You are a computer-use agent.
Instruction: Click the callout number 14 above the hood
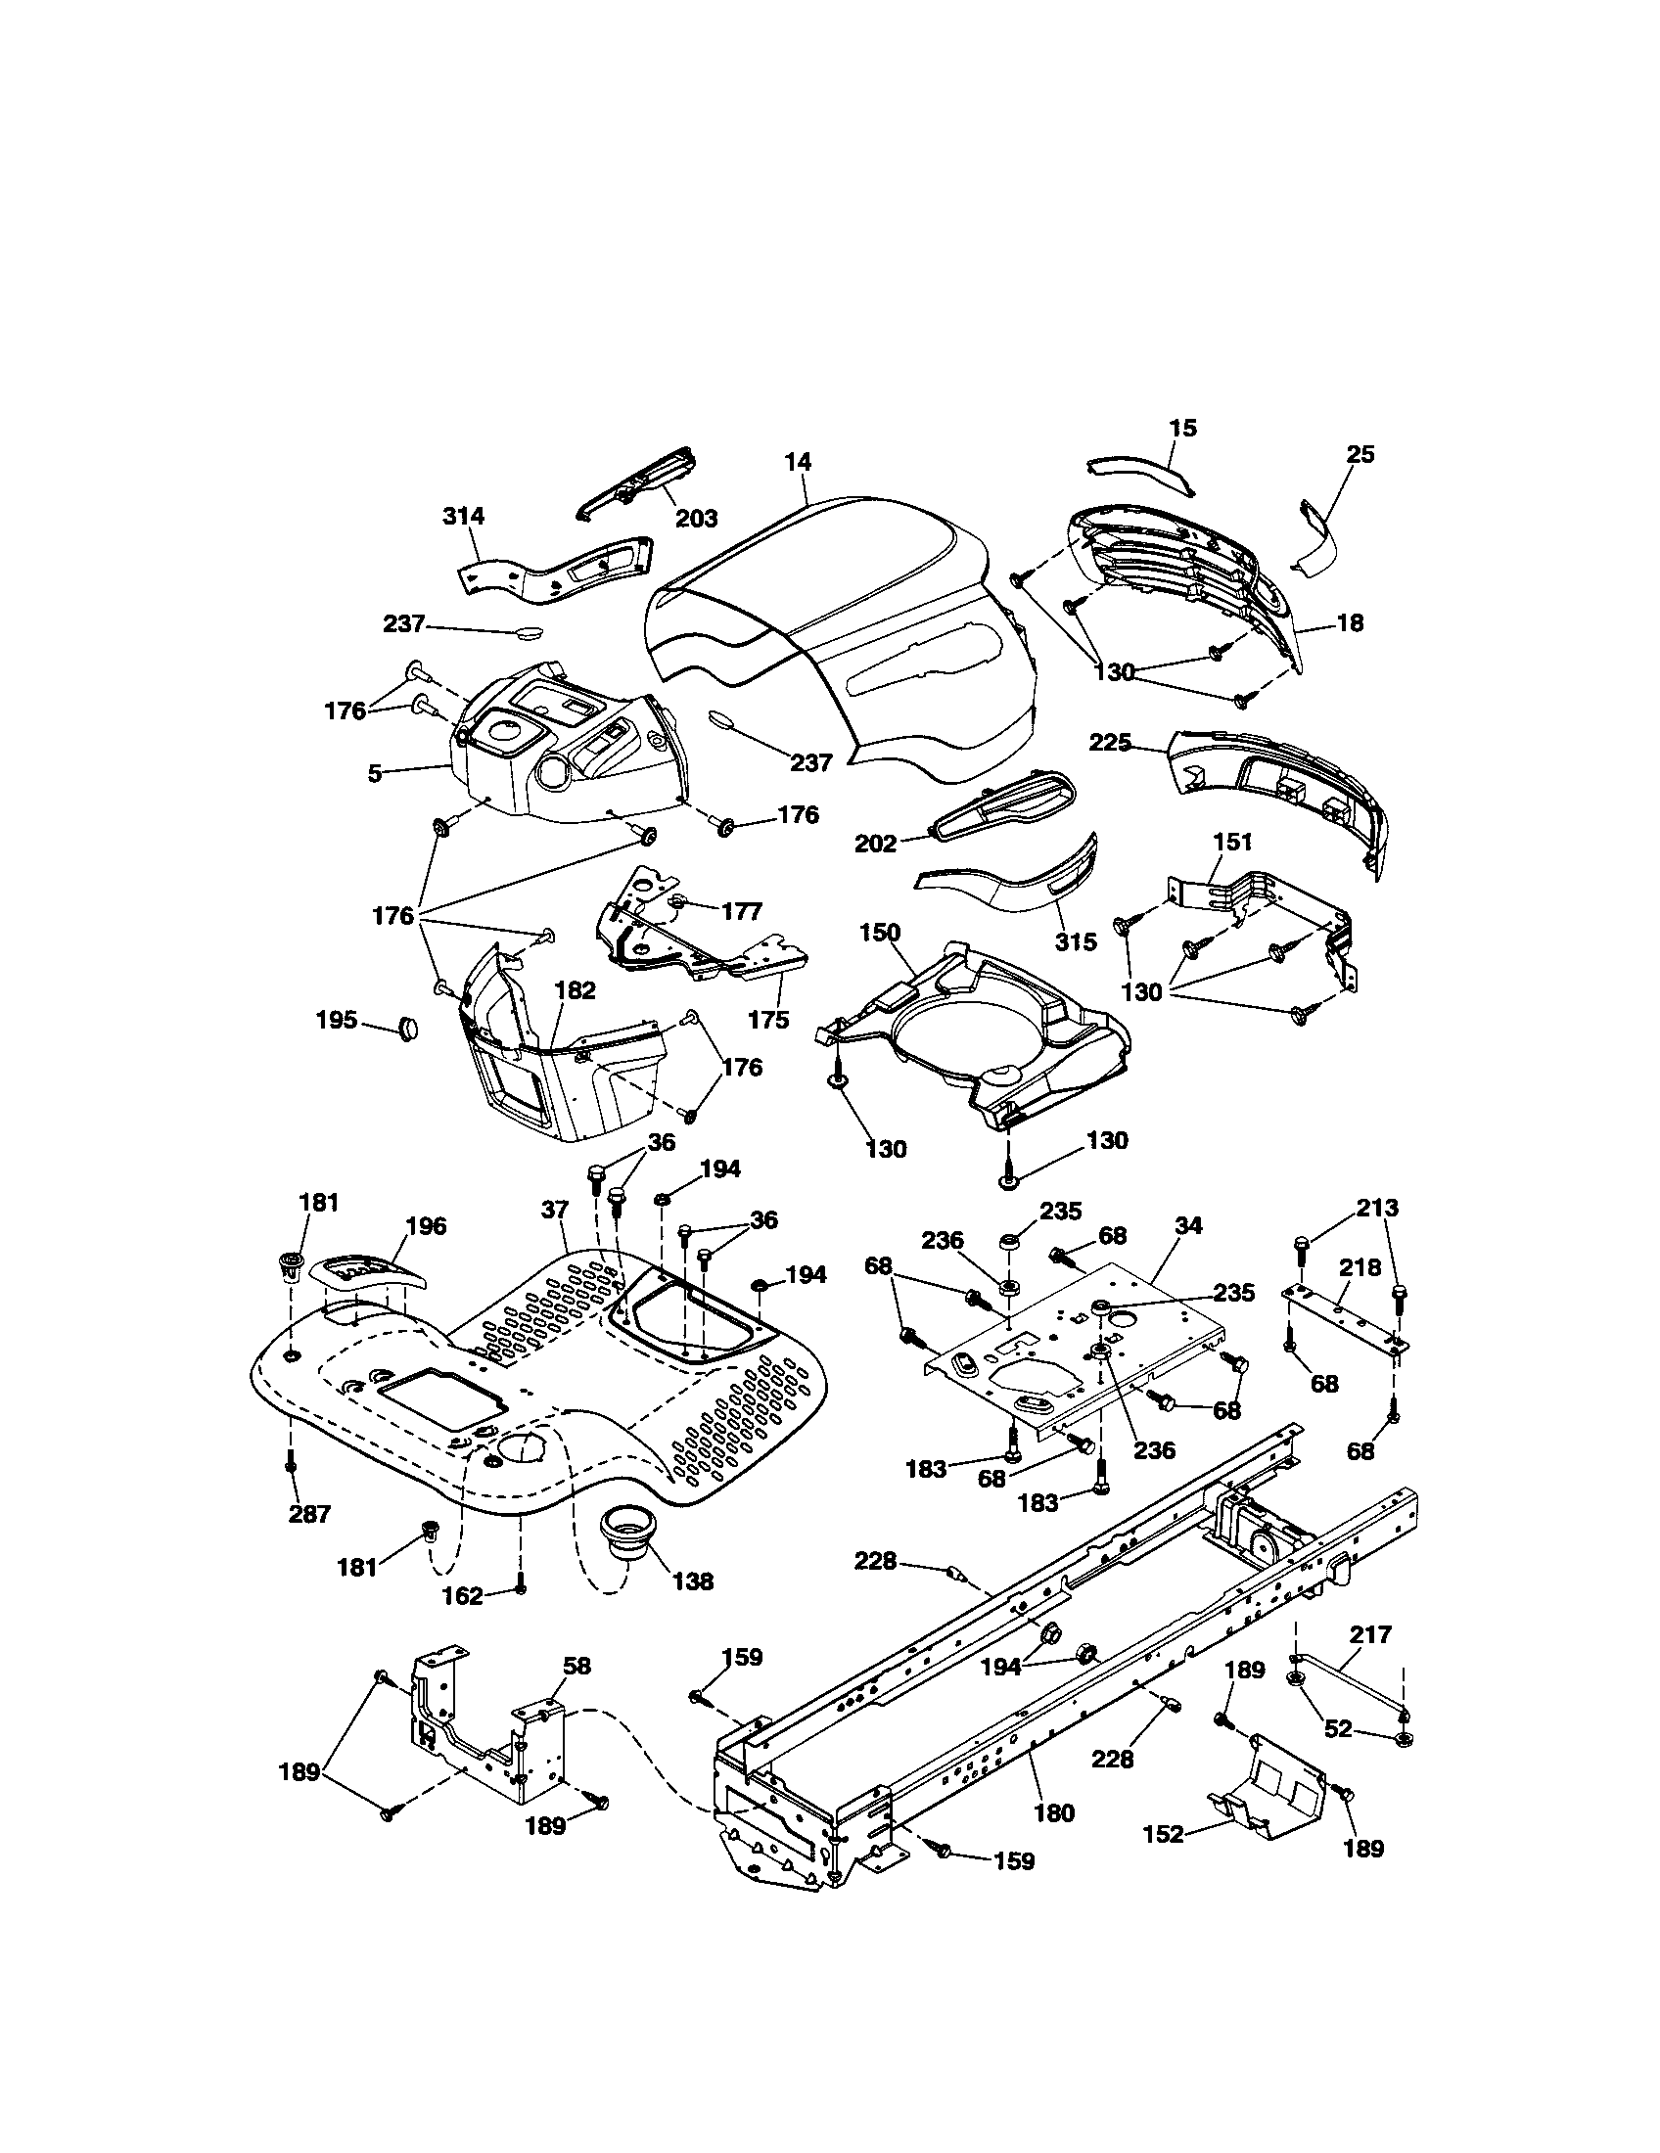[x=798, y=461]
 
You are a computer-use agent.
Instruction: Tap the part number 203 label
[x=696, y=518]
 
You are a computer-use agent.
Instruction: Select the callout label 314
[x=463, y=516]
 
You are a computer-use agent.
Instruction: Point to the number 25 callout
[x=1360, y=454]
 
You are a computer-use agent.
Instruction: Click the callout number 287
[x=309, y=1514]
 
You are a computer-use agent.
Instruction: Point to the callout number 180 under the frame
[x=1055, y=1811]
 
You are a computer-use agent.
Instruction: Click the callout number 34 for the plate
[x=1189, y=1225]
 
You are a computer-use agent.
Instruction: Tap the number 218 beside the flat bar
[x=1360, y=1267]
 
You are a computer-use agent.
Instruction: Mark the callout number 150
[x=880, y=932]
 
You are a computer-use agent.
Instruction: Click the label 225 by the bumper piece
[x=1110, y=743]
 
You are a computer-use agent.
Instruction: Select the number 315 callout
[x=1076, y=941]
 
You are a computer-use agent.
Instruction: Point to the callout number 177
[x=741, y=911]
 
